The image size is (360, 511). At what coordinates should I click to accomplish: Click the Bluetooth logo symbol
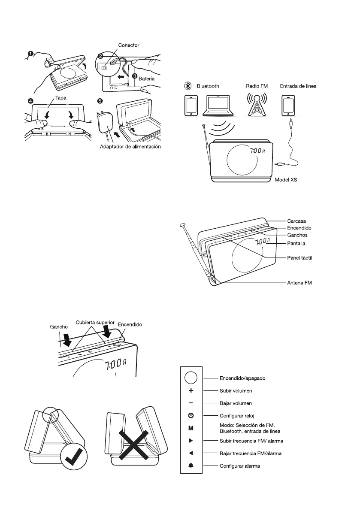(x=188, y=86)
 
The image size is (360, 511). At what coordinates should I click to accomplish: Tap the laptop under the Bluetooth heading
(x=219, y=106)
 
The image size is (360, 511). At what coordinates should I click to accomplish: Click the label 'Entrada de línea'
(x=298, y=86)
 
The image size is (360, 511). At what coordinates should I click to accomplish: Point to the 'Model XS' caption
(x=286, y=180)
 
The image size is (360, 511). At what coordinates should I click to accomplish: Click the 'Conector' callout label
(x=128, y=45)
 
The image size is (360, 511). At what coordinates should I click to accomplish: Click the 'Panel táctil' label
(x=299, y=257)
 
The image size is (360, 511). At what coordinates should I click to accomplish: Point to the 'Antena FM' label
(x=299, y=283)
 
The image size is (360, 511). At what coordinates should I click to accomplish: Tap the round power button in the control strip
(x=191, y=378)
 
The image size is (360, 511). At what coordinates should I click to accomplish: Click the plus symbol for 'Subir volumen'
(x=191, y=391)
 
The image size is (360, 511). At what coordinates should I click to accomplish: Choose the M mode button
(x=191, y=428)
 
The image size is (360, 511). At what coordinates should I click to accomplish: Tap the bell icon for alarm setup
(x=191, y=466)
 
